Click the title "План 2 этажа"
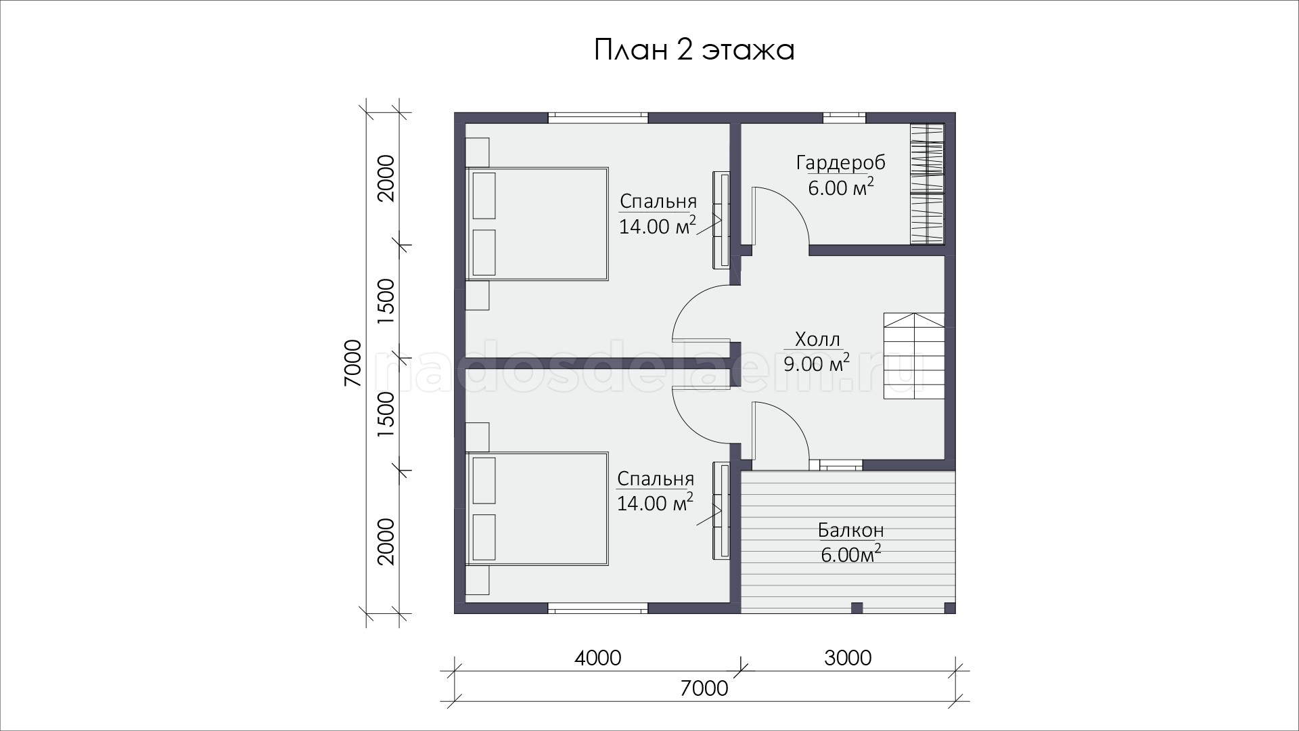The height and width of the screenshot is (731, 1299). point(694,50)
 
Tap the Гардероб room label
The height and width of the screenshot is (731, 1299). point(841,163)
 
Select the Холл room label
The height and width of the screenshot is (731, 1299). point(817,339)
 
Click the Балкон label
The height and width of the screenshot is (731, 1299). point(851,530)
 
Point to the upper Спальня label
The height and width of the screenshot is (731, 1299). point(658,202)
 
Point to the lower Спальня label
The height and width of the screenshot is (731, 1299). point(656,479)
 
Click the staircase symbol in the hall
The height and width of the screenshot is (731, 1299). point(914,356)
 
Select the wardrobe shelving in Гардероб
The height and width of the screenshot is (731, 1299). point(927,184)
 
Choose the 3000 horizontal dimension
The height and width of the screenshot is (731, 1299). point(848,658)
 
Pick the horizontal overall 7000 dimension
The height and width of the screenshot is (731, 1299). point(704,688)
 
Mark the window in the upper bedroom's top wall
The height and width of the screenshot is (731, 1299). point(598,117)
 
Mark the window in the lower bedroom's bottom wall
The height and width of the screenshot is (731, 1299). point(598,608)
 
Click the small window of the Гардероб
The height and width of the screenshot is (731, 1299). point(844,117)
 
